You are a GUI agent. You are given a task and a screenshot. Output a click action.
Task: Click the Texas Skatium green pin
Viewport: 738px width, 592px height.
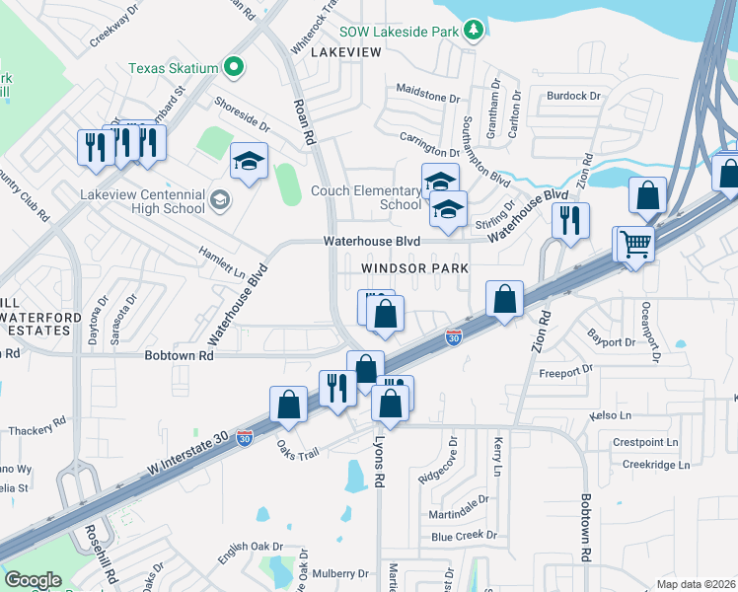(x=234, y=68)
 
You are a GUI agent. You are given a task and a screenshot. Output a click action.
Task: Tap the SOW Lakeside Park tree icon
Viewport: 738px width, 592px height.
(x=475, y=31)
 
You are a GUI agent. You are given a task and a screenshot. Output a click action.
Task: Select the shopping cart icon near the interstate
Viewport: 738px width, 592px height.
(x=636, y=243)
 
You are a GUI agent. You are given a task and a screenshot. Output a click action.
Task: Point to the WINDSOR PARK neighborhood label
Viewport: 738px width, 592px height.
(x=413, y=267)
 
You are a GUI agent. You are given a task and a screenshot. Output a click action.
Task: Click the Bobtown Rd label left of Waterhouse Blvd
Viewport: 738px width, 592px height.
(x=179, y=354)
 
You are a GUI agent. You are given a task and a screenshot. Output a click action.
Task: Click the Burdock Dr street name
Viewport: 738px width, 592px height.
(x=574, y=96)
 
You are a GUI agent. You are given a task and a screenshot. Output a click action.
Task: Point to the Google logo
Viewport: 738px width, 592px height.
(x=32, y=579)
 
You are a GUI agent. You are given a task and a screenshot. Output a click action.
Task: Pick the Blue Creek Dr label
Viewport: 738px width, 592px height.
(x=462, y=536)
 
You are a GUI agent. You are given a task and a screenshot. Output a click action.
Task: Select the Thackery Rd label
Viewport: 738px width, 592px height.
(x=37, y=429)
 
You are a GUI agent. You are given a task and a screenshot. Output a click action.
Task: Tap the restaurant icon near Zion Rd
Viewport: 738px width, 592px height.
(x=570, y=221)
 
